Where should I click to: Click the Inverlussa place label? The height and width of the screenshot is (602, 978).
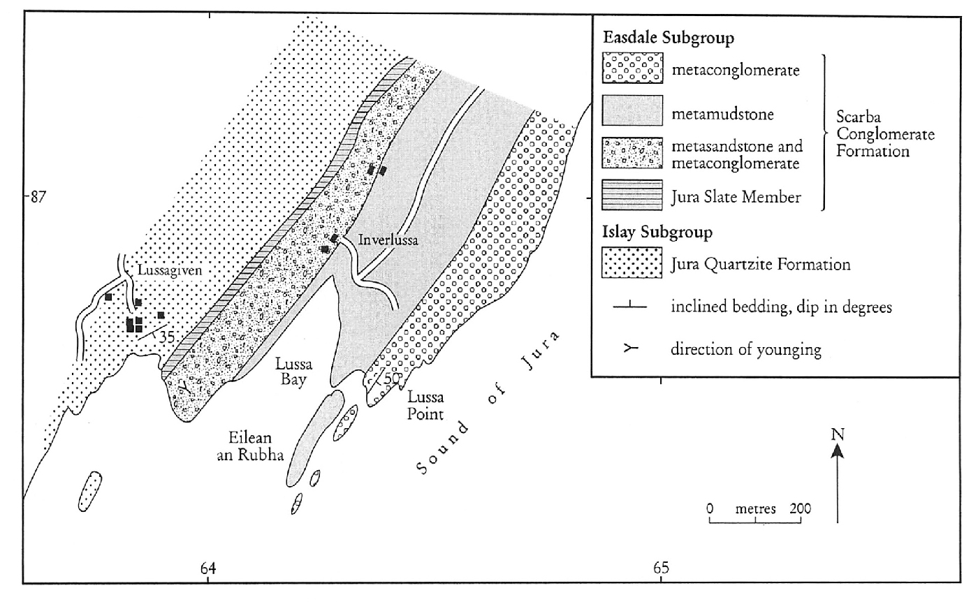coord(388,240)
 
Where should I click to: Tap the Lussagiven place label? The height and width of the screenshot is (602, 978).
coord(170,270)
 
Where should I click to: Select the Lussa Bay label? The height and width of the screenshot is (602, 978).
coord(293,372)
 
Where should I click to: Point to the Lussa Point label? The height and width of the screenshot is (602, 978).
coord(425,406)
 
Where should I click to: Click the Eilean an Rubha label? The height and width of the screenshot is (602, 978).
coord(250,446)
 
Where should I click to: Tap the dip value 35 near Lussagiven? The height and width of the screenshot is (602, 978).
coord(166,337)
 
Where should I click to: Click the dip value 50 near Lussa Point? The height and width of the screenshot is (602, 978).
coord(391,379)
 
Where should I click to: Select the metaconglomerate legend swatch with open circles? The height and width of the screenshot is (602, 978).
coord(632,68)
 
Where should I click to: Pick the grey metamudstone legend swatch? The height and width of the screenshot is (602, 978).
coord(632,110)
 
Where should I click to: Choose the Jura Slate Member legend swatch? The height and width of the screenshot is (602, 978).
coord(632,195)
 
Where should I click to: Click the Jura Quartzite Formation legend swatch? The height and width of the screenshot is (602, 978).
coord(632,263)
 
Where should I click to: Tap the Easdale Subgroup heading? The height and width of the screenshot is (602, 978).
coord(669,38)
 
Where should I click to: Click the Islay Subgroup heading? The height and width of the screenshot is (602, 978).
coord(657,232)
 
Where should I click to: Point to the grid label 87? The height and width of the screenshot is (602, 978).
coord(38,198)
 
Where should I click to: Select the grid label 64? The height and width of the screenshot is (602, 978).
coord(208,568)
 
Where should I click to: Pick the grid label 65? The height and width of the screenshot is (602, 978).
coord(661,568)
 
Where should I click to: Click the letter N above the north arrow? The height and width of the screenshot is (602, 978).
coord(838,434)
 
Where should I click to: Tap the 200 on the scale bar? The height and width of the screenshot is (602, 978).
coord(801,508)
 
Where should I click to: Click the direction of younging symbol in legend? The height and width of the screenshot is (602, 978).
coord(630,348)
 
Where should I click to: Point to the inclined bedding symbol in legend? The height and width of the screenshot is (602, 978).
coord(630,306)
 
